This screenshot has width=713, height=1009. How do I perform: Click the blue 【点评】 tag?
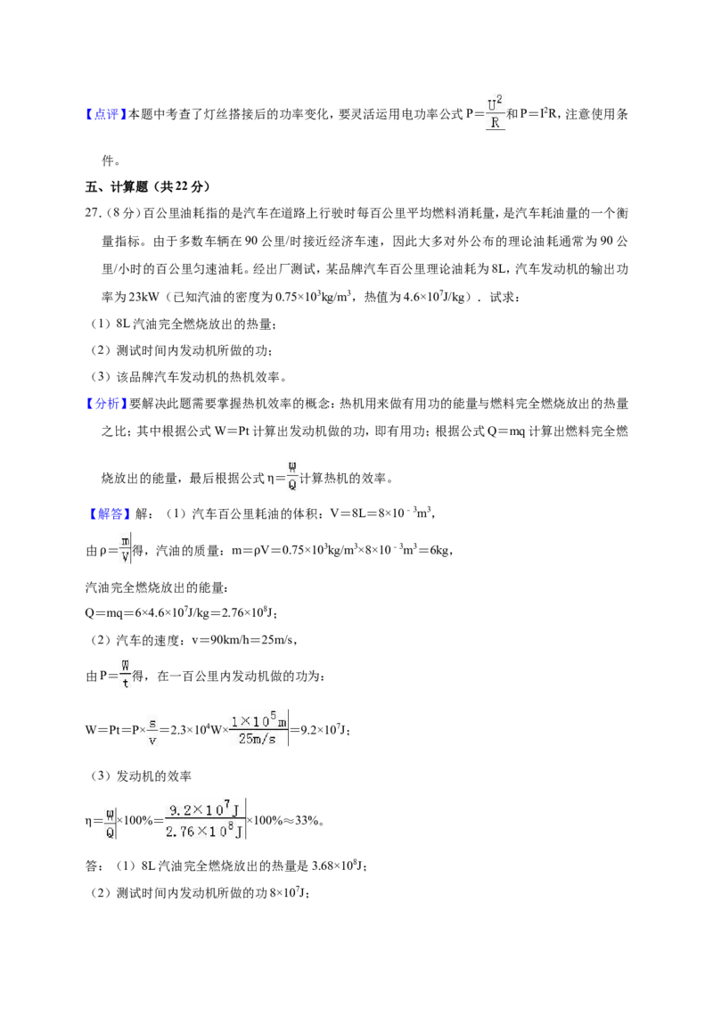click(106, 115)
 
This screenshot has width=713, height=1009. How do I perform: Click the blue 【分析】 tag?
click(106, 404)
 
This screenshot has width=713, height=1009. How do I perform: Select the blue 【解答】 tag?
click(106, 513)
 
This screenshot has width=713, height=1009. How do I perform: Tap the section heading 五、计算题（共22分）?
click(148, 186)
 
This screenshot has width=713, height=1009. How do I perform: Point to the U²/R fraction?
click(495, 112)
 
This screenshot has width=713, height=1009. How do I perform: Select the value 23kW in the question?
click(143, 297)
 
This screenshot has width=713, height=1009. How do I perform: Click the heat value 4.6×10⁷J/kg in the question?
click(434, 297)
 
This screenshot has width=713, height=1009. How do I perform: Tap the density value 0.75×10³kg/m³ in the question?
click(314, 297)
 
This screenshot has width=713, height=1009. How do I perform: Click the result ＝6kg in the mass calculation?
click(434, 550)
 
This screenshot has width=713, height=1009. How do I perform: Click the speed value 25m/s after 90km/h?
click(279, 640)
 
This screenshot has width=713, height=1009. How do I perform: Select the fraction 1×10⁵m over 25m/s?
click(258, 728)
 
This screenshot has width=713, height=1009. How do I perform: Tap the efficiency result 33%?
click(307, 820)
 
